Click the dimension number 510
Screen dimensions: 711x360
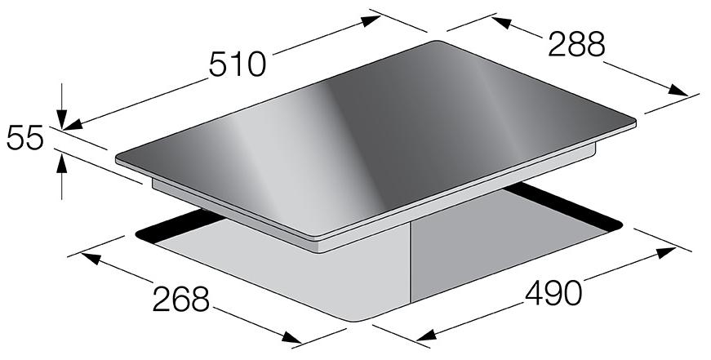pos(238,64)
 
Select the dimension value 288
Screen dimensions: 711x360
pos(576,44)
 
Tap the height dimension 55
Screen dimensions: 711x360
pos(25,138)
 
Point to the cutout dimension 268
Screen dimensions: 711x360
pos(181,299)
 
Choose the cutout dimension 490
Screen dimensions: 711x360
pos(553,292)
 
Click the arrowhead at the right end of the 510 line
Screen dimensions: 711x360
pos(371,21)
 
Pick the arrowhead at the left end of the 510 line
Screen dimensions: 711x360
pos(73,124)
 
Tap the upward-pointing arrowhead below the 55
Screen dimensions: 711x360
pos(62,164)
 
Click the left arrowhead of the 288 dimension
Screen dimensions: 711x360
pos(501,23)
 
